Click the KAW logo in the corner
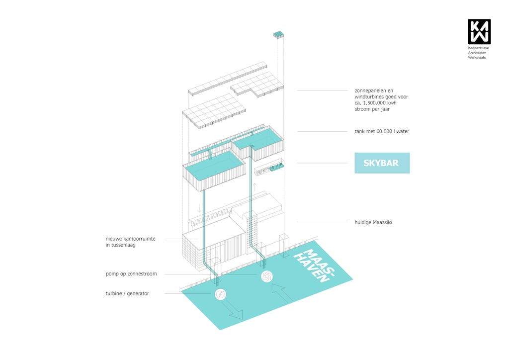pyautogui.click(x=479, y=31)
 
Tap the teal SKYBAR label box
pyautogui.click(x=382, y=163)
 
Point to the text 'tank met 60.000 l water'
pyautogui.click(x=381, y=131)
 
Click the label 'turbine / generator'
pyautogui.click(x=127, y=293)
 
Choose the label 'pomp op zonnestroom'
pyautogui.click(x=131, y=273)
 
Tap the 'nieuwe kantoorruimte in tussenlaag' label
pyautogui.click(x=130, y=242)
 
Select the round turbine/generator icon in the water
pyautogui.click(x=220, y=295)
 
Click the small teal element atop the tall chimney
pyautogui.click(x=278, y=34)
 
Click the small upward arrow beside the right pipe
pyautogui.click(x=255, y=187)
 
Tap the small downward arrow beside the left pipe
pyautogui.click(x=199, y=207)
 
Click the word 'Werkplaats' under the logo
pyautogui.click(x=477, y=58)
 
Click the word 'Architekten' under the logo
pyautogui.click(x=478, y=53)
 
